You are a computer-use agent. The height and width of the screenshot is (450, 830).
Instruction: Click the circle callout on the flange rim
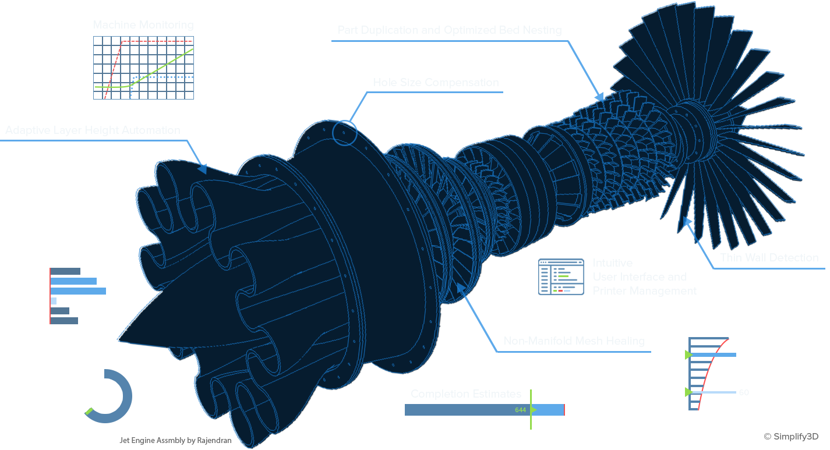click(344, 133)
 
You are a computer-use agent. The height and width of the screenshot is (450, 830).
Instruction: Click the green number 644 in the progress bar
click(520, 410)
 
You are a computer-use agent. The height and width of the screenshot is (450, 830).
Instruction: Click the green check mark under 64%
click(89, 412)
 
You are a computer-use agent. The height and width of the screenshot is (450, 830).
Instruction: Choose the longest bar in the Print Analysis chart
click(79, 291)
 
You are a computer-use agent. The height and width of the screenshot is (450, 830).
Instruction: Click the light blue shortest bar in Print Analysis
click(54, 301)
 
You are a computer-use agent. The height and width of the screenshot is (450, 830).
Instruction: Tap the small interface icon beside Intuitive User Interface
click(560, 277)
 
